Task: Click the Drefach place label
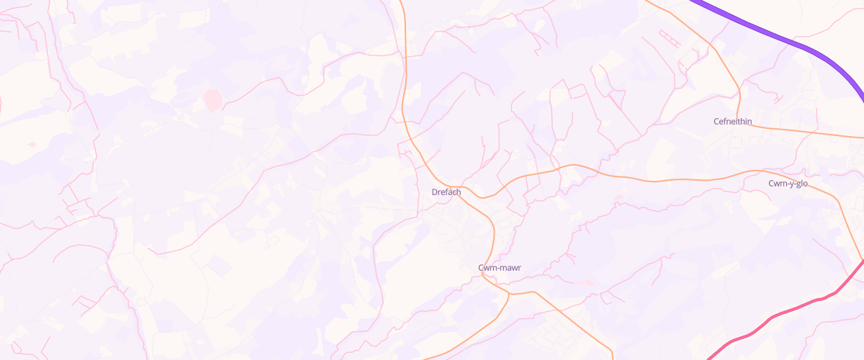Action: coord(446,192)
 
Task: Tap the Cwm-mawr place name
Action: coord(499,268)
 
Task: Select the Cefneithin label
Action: coord(732,121)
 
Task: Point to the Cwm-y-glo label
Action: coord(788,184)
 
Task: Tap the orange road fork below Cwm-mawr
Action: coord(509,294)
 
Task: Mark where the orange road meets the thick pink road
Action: coord(862,261)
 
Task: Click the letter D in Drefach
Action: coord(434,192)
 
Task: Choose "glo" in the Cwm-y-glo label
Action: coord(801,184)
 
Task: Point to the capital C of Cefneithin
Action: coord(716,121)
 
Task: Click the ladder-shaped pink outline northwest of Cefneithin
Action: coord(669,38)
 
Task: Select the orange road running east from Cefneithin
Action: coord(806,132)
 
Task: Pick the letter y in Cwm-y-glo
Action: coord(788,184)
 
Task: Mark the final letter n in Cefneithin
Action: coord(750,121)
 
